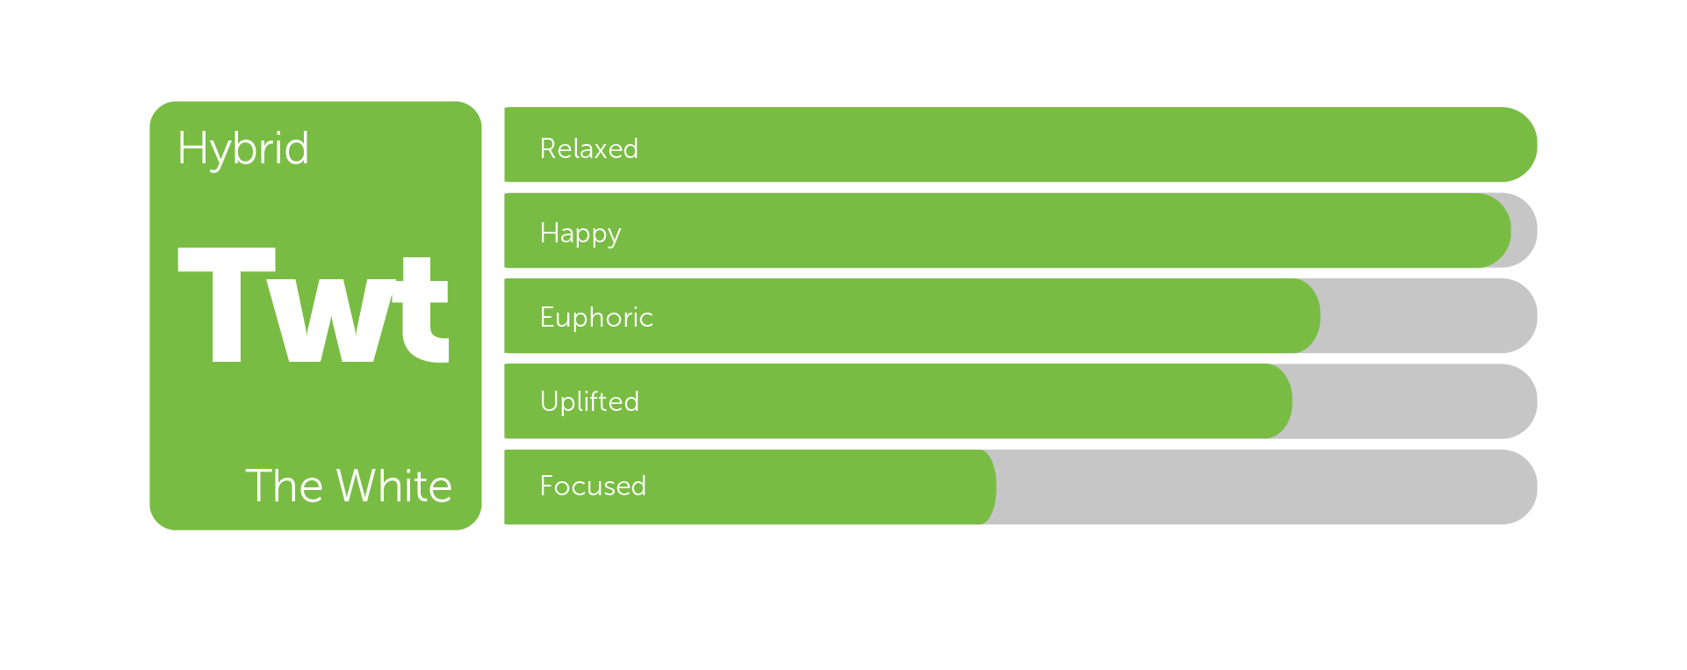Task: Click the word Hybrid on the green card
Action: point(243,148)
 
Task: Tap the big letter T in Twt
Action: point(227,305)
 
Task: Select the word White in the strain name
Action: point(394,486)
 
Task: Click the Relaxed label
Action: point(589,148)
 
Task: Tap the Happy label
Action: point(580,234)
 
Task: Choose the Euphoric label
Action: point(596,317)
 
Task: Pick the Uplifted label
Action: point(589,401)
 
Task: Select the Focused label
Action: point(593,486)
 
